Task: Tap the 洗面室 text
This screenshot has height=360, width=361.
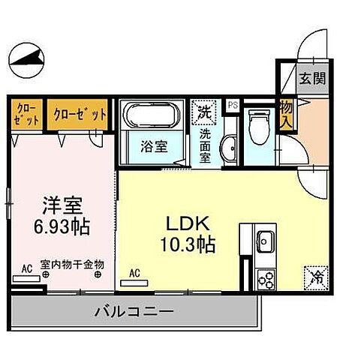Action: pyautogui.click(x=205, y=147)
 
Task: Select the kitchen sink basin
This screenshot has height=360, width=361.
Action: pyautogui.click(x=264, y=243)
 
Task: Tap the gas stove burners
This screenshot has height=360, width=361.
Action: pyautogui.click(x=265, y=280)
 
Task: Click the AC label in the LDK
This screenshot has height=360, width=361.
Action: pyautogui.click(x=136, y=274)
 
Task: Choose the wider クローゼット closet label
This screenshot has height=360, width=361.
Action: pyautogui.click(x=80, y=115)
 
